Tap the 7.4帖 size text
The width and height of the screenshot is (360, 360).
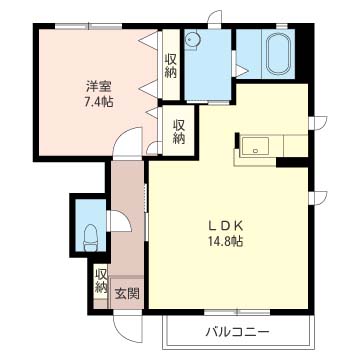point(97,101)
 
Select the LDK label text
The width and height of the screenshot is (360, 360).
point(225,226)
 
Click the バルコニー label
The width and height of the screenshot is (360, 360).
point(238,330)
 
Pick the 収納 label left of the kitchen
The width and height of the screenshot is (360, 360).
point(178,132)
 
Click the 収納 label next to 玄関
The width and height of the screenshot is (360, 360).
point(101,281)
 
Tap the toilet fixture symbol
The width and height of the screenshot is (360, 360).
point(90,238)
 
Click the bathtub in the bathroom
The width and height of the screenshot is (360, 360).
point(278,50)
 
